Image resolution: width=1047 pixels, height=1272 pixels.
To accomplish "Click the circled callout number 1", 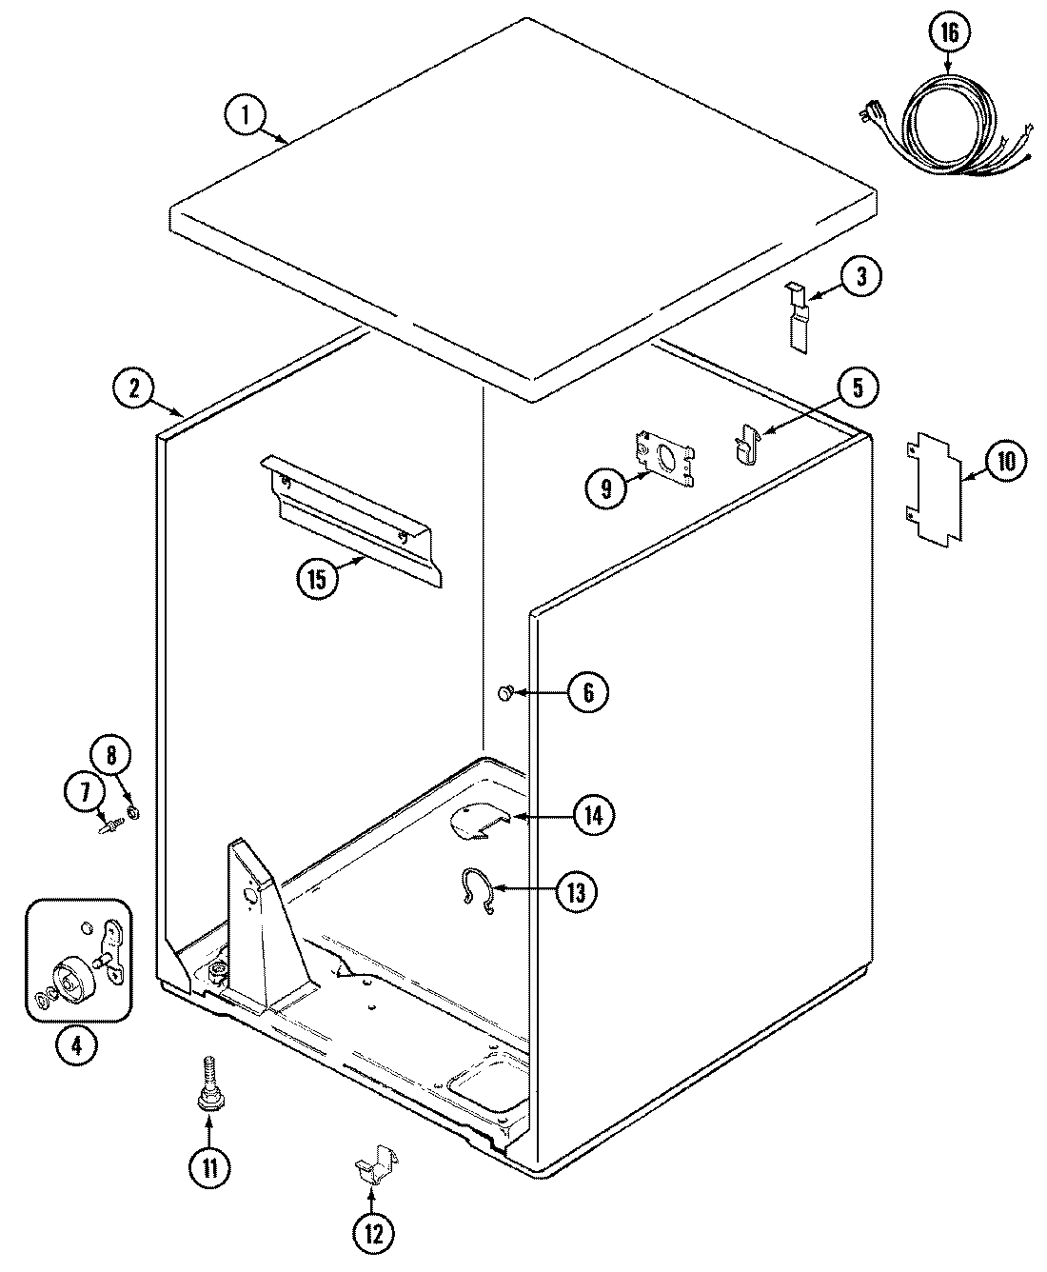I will coord(246,116).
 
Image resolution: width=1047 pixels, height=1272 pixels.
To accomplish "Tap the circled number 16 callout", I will coord(949,33).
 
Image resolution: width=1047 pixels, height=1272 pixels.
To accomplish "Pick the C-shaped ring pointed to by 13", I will coord(476,892).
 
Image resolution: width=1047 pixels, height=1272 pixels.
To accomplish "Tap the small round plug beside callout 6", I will coord(505,693).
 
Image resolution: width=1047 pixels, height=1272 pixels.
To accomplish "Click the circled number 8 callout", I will coord(111,757).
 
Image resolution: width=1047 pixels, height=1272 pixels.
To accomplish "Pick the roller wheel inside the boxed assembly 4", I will coord(70,978).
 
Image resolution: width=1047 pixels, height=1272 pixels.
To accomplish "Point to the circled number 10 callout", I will coord(1005,462).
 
